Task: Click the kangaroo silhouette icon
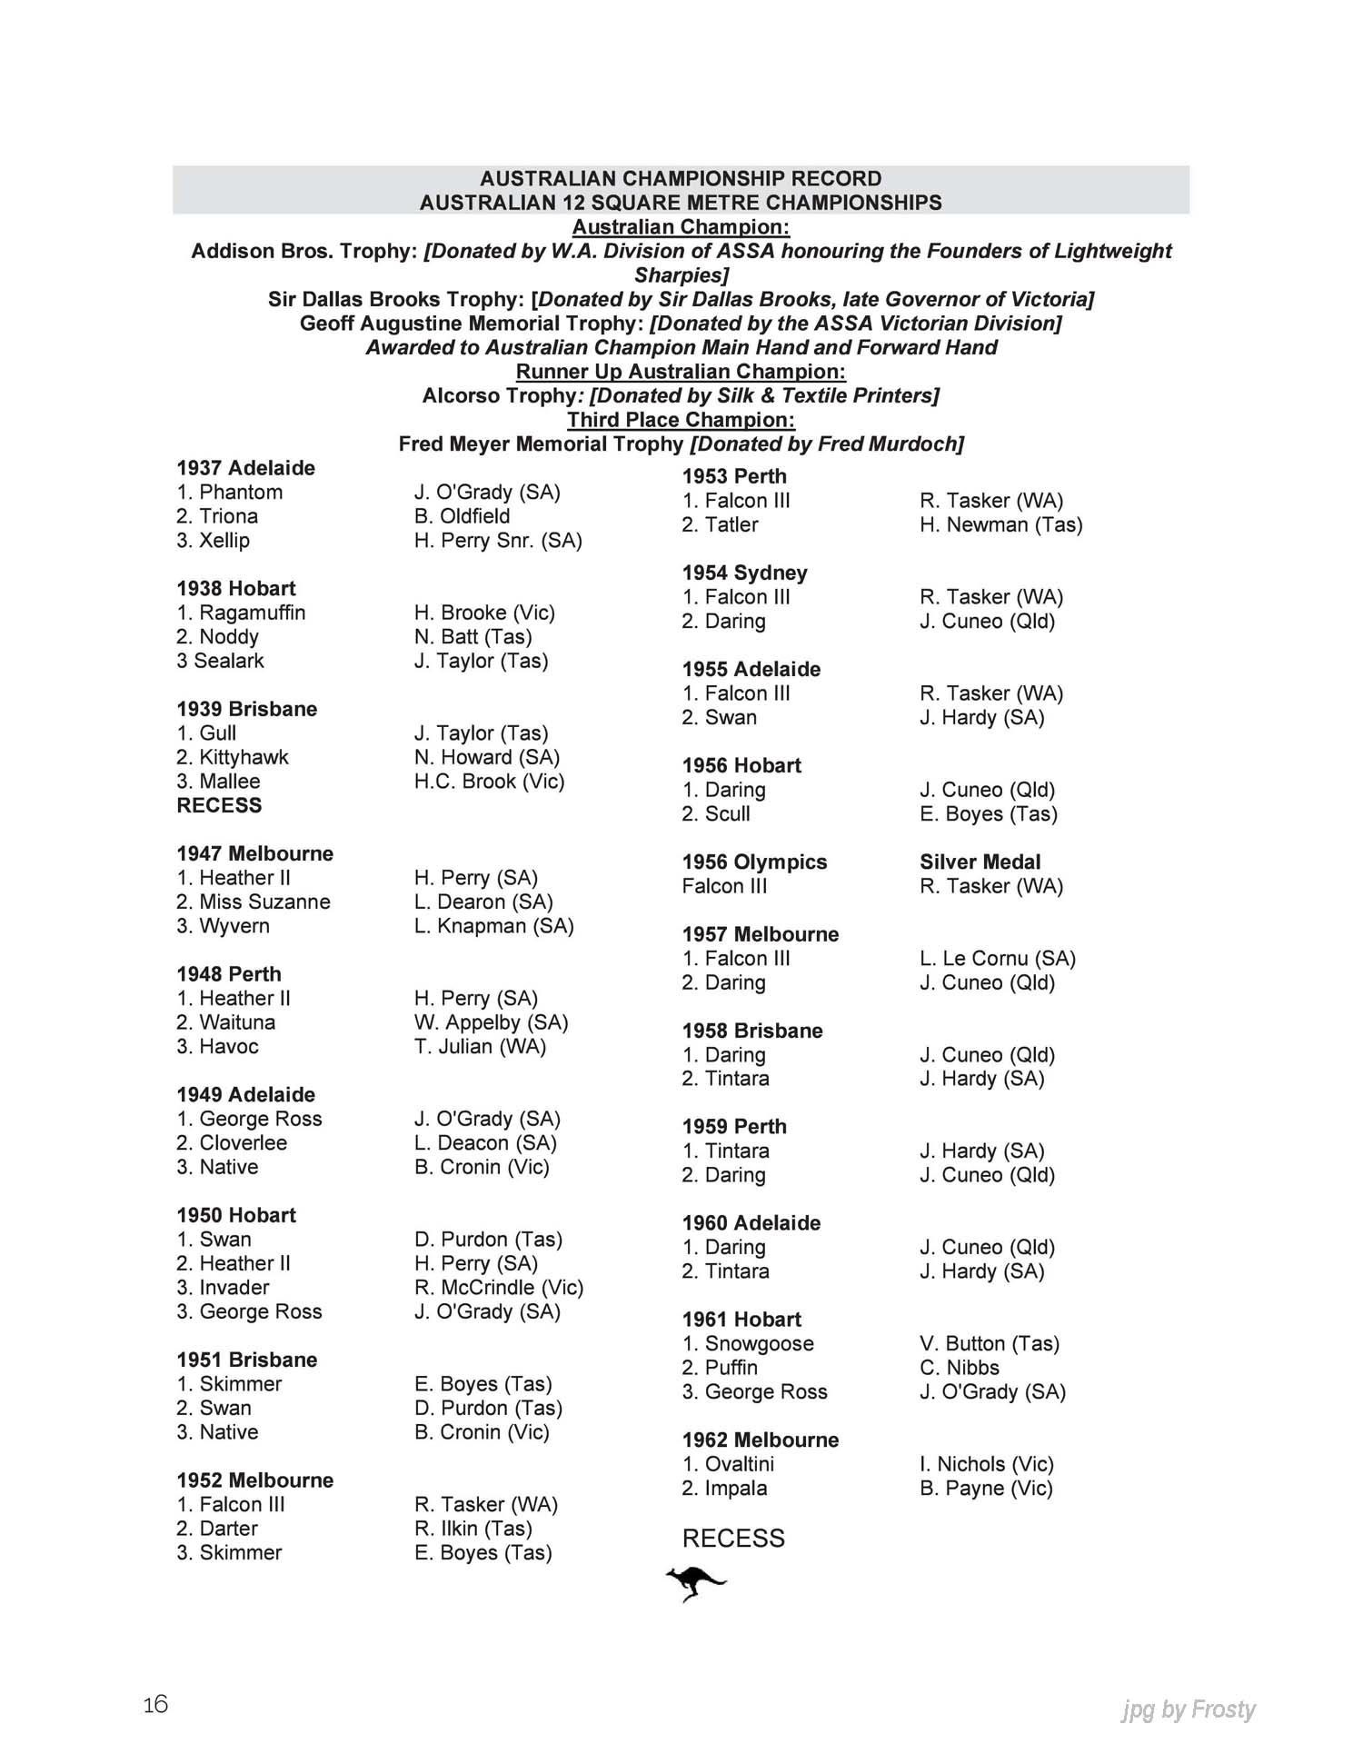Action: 695,1583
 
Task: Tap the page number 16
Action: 155,1704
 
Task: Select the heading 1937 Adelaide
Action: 245,468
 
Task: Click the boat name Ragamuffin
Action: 252,613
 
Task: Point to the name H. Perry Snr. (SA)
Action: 498,540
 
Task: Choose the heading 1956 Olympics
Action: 754,862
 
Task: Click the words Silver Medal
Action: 980,862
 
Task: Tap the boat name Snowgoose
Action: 759,1343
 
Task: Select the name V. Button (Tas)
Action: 990,1343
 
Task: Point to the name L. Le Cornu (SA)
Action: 997,958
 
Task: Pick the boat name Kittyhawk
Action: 244,757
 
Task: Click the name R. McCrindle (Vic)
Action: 499,1287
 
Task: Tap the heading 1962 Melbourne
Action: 760,1440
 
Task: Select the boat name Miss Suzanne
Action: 264,902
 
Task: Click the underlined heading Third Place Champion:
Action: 681,420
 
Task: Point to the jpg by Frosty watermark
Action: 1188,1709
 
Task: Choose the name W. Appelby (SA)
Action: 491,1022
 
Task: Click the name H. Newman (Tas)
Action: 1000,524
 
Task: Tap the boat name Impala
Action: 735,1488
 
